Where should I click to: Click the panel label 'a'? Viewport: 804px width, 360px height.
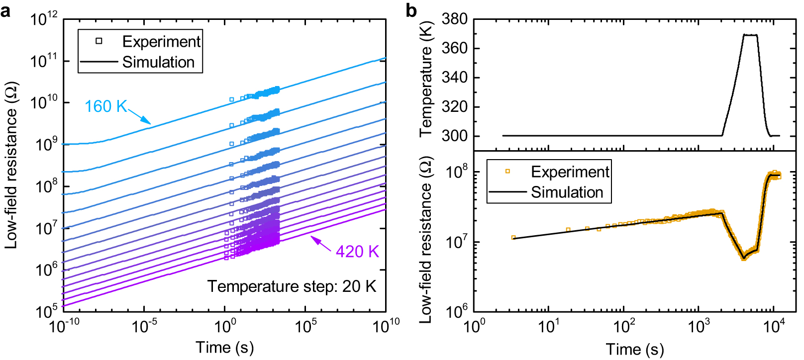(x=5, y=9)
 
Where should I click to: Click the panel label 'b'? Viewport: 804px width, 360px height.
(x=411, y=9)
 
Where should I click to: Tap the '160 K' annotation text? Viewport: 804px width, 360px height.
(x=105, y=106)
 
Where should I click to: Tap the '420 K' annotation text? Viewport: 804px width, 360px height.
(x=357, y=251)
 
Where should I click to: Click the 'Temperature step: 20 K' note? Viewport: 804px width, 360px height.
(x=292, y=286)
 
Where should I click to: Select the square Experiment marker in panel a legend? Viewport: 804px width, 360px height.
(x=99, y=41)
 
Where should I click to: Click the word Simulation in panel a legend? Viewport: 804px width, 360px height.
(x=158, y=62)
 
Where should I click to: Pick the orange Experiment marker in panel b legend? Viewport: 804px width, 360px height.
(x=507, y=172)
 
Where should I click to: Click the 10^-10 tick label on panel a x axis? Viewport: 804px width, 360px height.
(x=64, y=326)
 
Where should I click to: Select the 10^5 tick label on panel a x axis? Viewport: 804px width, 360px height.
(x=305, y=326)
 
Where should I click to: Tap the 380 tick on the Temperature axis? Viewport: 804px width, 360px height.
(x=454, y=19)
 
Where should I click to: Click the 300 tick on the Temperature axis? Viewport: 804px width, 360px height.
(x=454, y=136)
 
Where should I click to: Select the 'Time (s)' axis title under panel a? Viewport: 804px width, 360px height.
(x=225, y=347)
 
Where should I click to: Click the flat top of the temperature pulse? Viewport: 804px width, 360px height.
(x=750, y=35)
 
